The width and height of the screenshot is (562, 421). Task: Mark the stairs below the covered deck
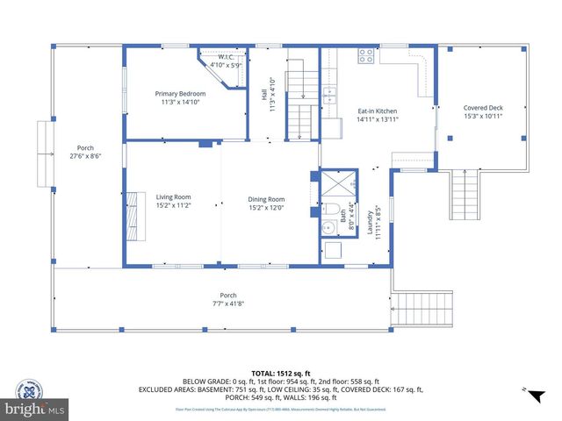tap(465, 195)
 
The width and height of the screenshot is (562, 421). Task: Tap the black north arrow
tap(531, 396)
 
